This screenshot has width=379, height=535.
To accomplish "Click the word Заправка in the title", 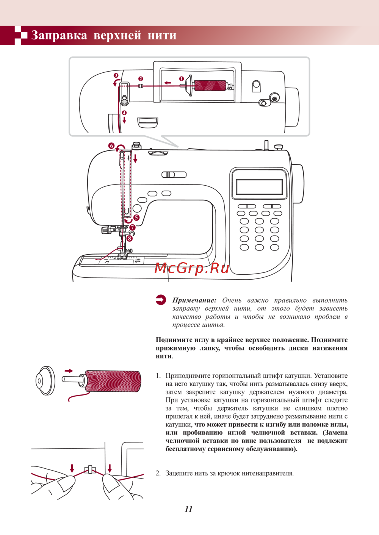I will click(59, 35).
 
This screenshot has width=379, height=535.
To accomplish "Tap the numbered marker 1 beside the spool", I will click(182, 79).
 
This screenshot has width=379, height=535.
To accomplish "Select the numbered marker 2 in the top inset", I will click(141, 79).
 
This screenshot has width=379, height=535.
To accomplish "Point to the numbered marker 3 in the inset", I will click(116, 76).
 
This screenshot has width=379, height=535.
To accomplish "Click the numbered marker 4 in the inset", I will click(124, 113).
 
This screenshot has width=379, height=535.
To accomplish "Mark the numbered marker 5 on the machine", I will click(136, 218).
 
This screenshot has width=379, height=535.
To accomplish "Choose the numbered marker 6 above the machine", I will click(111, 146).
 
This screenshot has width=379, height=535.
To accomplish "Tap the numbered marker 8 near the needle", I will click(130, 238).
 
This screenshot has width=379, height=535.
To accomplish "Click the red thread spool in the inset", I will click(210, 86).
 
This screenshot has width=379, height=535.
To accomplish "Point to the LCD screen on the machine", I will click(259, 187).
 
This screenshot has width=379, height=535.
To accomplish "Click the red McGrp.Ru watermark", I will click(192, 268).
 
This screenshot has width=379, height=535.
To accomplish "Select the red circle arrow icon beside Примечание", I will click(161, 300).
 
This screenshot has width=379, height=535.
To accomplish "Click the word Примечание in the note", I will click(194, 300).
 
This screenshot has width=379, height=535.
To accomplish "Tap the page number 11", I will click(189, 509).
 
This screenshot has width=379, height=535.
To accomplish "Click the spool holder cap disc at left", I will click(45, 381).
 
